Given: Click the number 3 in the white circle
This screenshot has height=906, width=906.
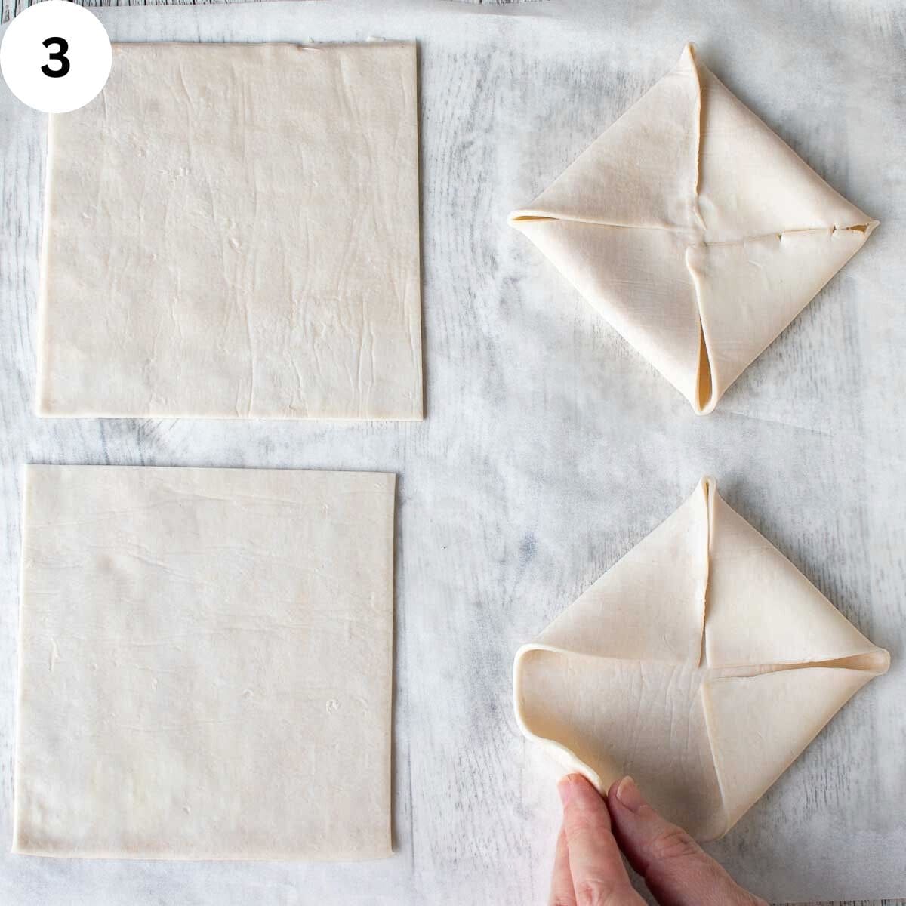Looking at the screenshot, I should (54, 57).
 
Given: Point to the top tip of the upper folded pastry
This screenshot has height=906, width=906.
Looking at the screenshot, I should (689, 47).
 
